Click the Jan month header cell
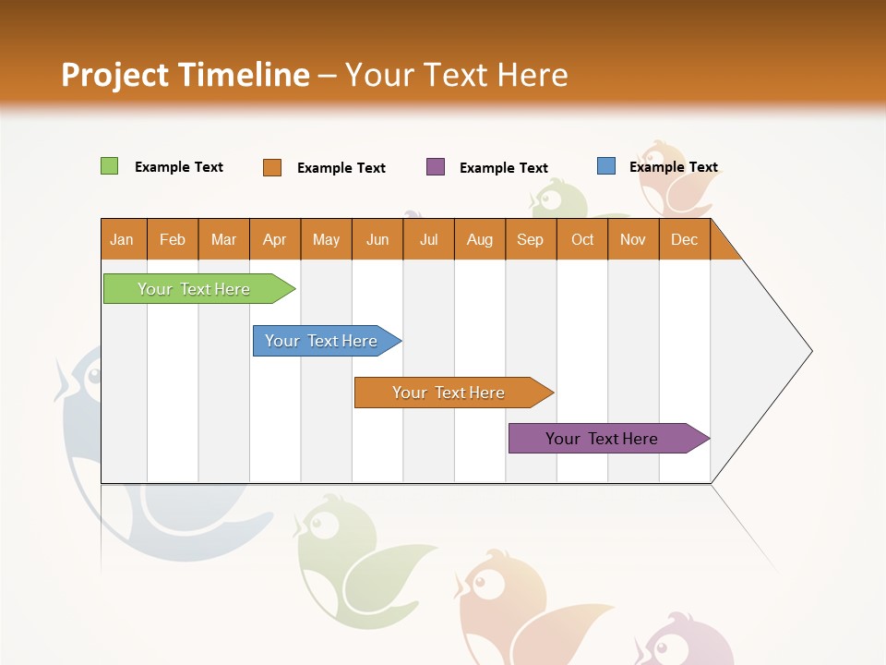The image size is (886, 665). pos(123,239)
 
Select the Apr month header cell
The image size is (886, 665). pos(275,239)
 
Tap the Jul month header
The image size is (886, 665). pos(428,239)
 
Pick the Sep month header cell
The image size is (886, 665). pos(531,239)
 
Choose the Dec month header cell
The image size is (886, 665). pos(684,239)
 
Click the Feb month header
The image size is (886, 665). pos(173,239)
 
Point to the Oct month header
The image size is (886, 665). pos(582,239)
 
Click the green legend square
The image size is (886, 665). pos(109,166)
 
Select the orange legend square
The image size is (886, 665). pos(272,167)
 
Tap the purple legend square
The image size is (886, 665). pos(436,167)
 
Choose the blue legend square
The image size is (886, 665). pos(605,166)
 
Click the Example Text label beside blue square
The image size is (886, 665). pos(673,167)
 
